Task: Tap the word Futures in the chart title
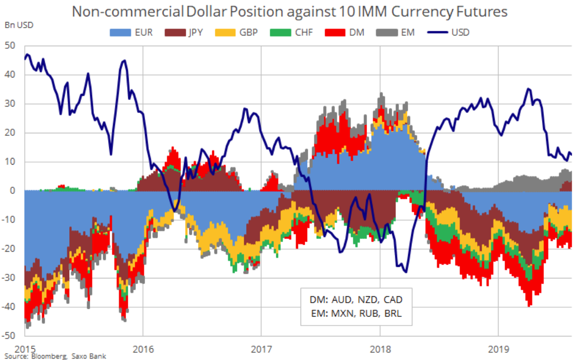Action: tap(476, 11)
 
